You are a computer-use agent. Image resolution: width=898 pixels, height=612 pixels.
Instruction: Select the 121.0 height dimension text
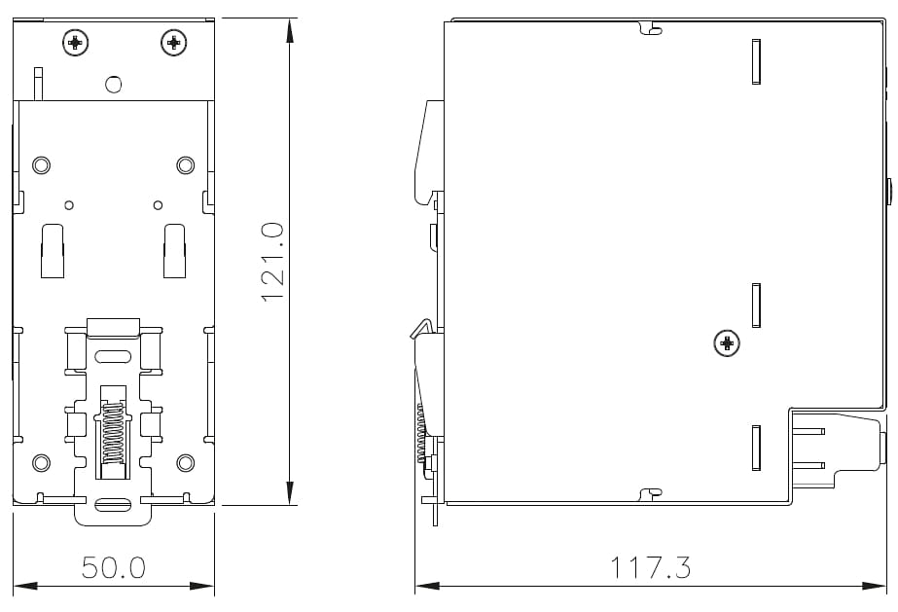coord(272,261)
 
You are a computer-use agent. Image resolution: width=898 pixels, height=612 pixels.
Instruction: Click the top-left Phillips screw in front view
coord(75,42)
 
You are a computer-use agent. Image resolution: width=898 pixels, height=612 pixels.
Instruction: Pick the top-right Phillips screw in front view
coord(173,42)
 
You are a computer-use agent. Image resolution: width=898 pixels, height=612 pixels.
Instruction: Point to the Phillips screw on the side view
coord(726,342)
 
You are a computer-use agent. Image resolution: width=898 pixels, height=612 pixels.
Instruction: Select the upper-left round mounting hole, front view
coord(42,164)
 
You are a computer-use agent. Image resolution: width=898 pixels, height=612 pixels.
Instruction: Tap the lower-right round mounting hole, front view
coord(185,462)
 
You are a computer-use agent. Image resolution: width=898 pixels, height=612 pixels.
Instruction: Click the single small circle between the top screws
coord(114,85)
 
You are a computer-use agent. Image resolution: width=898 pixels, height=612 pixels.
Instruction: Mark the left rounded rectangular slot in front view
coord(52,250)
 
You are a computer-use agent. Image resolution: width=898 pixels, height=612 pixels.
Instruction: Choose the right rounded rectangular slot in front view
coord(175,250)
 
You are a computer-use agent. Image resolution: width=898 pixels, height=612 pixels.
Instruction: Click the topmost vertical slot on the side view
coord(756,61)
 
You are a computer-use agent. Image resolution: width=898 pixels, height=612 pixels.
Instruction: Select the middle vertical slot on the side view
coord(756,306)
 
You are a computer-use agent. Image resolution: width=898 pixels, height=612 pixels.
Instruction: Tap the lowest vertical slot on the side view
coord(756,448)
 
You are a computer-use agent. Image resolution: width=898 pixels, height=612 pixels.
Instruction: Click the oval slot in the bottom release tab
coord(114,505)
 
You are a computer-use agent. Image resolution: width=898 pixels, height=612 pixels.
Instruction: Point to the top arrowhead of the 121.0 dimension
coord(289,29)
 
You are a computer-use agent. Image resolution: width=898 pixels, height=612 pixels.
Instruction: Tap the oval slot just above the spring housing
coord(114,355)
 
